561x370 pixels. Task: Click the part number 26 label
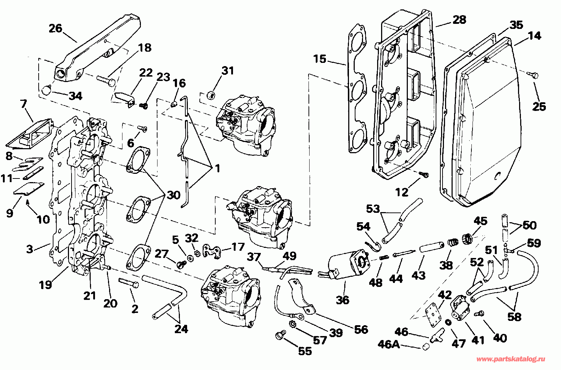click(x=56, y=29)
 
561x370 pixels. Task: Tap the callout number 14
click(x=535, y=36)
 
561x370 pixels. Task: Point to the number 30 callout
click(x=173, y=195)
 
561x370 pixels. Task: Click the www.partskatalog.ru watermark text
click(x=511, y=359)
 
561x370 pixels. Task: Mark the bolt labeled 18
click(x=106, y=80)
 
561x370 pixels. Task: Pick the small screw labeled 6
click(x=142, y=128)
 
